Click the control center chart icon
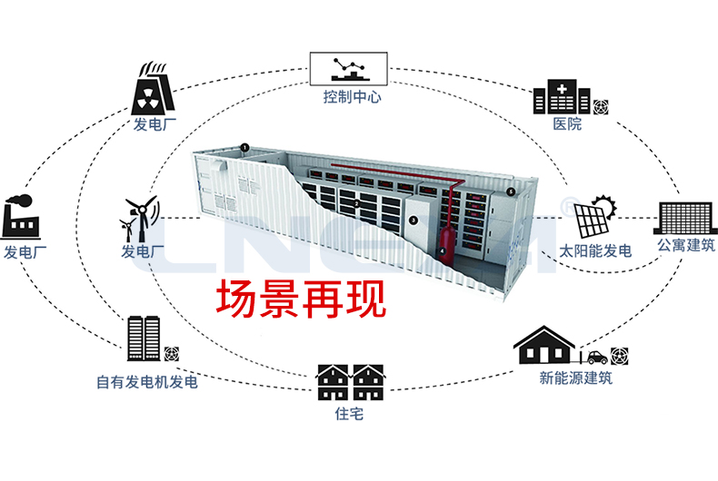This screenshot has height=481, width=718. tap(349, 69)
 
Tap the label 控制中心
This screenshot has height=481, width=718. tap(352, 97)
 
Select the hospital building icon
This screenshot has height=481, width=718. tap(562, 97)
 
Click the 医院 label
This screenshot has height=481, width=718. tap(567, 124)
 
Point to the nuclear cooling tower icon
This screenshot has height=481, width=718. tap(153, 89)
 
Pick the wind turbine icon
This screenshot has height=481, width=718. tap(140, 220)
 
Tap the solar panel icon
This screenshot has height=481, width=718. tap(594, 217)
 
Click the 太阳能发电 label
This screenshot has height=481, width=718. tap(595, 251)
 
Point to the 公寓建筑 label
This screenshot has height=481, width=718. tap(686, 246)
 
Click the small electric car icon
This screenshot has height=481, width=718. tap(597, 357)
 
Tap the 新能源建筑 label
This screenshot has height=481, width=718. tap(575, 378)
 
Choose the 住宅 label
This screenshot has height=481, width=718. tap(349, 414)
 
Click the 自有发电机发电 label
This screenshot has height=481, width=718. tap(147, 382)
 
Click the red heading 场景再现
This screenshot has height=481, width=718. tap(301, 299)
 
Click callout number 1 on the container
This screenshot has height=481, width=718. tap(245, 148)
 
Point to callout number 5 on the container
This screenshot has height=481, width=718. tap(511, 192)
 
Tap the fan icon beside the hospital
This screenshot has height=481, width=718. tap(601, 107)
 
